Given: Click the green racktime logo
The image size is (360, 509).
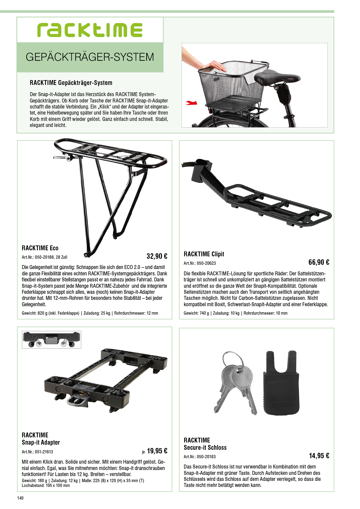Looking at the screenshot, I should [90, 30].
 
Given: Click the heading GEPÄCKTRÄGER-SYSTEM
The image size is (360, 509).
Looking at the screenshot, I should [90, 57].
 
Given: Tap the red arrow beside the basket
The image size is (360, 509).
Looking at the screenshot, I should [191, 103].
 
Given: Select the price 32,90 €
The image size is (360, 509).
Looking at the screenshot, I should [157, 256].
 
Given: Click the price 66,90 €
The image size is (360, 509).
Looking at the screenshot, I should [319, 262].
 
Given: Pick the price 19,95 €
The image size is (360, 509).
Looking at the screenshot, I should [157, 451].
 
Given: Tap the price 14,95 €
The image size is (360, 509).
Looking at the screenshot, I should [319, 456].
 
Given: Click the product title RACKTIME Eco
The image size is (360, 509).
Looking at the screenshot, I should [40, 248].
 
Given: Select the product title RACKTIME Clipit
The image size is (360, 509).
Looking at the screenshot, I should [204, 254].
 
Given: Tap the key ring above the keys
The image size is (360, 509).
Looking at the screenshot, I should [233, 359].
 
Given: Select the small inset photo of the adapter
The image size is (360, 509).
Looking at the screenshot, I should [51, 340].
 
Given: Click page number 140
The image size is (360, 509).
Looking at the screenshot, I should [20, 498].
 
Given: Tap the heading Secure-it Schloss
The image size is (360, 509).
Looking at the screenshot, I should [205, 448].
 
